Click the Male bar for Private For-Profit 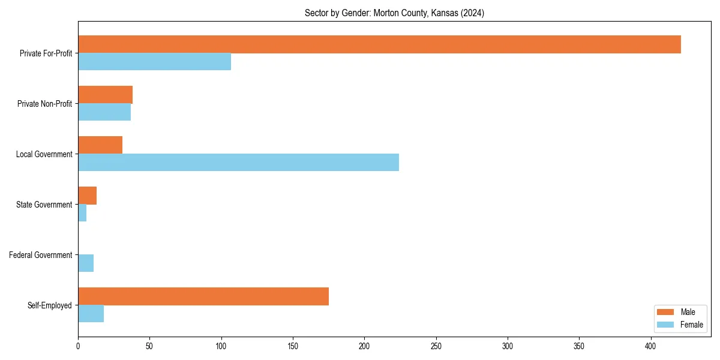tap(379, 44)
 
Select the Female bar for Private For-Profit tap(154, 62)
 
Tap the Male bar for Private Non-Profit tap(105, 95)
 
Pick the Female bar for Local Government tap(238, 163)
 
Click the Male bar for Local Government tap(100, 145)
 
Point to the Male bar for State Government tap(87, 196)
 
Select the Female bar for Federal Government tap(86, 263)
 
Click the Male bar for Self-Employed tap(203, 296)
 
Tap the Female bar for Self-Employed tap(91, 314)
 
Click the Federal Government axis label tap(40, 255)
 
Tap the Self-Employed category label tap(49, 305)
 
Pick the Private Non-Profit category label tap(44, 104)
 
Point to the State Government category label tap(44, 205)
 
